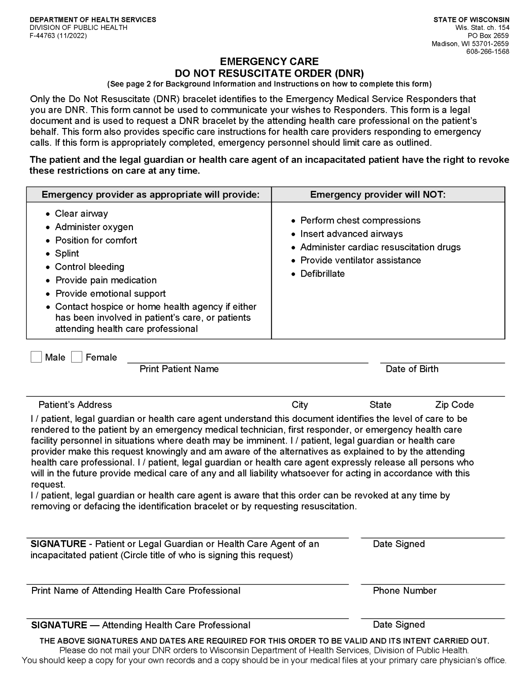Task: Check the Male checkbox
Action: (x=36, y=357)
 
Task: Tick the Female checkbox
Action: (x=77, y=357)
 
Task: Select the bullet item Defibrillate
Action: (x=322, y=274)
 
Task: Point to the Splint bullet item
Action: (x=67, y=254)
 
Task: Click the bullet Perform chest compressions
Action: (x=360, y=221)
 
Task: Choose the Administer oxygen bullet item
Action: (x=94, y=227)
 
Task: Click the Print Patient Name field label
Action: (x=179, y=369)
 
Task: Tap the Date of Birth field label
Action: (x=412, y=369)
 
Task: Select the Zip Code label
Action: (x=454, y=405)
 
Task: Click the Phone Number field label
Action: (x=404, y=591)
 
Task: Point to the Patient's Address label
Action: (x=75, y=405)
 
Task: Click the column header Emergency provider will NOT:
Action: (x=377, y=194)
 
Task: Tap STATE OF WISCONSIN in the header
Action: (x=471, y=20)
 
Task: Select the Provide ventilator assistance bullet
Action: (x=360, y=260)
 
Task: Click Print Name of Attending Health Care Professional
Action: (x=135, y=591)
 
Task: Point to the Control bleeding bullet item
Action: (x=90, y=267)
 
